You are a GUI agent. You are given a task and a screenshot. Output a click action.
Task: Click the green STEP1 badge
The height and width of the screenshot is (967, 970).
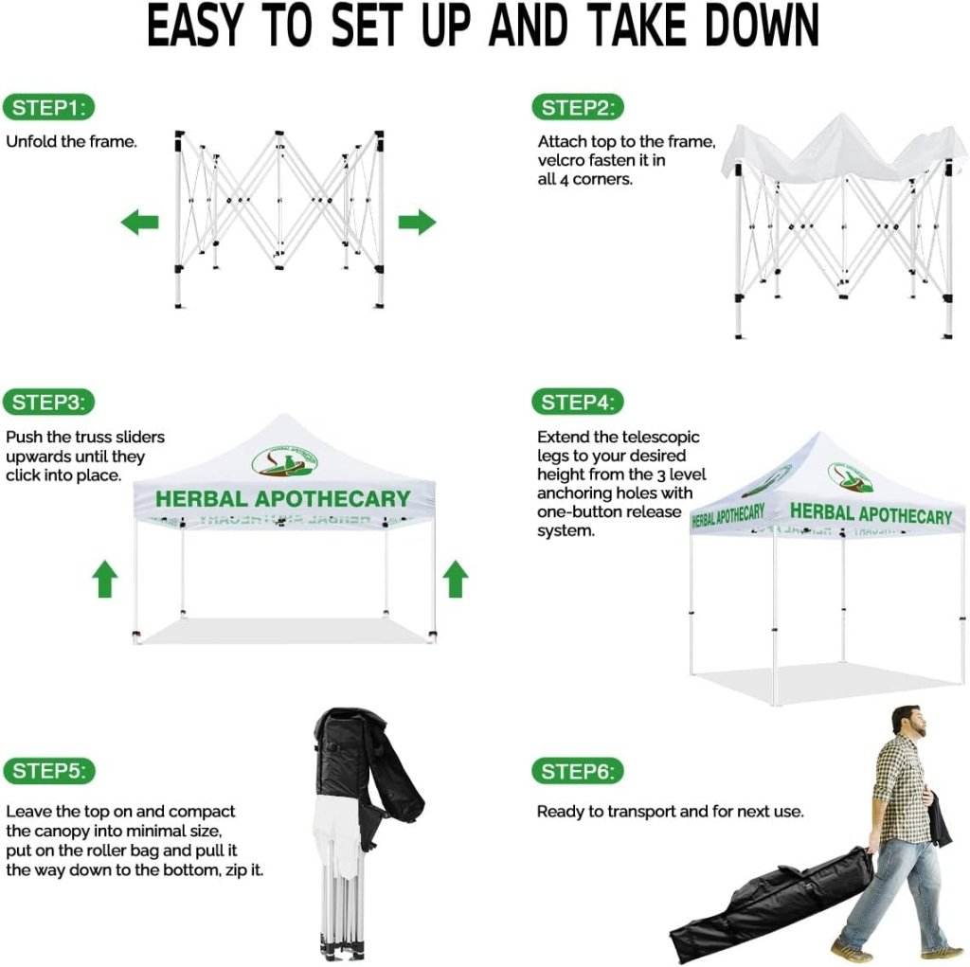(49, 108)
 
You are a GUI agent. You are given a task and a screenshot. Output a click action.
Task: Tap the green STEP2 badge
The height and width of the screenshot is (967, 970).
(578, 108)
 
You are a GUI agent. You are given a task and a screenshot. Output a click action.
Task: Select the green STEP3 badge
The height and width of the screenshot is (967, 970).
(49, 403)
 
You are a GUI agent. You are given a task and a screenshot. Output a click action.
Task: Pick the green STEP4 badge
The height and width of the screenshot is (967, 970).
(578, 403)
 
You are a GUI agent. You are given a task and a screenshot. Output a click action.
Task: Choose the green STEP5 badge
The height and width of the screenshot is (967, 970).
(49, 771)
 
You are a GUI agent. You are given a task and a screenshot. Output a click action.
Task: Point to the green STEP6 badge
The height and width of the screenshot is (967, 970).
(578, 771)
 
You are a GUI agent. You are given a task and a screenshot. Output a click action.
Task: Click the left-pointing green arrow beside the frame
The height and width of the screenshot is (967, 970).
(139, 223)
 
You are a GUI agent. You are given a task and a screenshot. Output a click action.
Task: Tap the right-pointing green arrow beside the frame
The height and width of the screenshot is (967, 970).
(417, 223)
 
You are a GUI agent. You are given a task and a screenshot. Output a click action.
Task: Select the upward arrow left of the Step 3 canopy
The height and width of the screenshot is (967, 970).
(104, 579)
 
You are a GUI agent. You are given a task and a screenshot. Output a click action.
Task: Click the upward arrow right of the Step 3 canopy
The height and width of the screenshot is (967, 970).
(456, 579)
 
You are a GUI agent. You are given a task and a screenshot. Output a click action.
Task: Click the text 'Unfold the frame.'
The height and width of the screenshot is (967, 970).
(72, 142)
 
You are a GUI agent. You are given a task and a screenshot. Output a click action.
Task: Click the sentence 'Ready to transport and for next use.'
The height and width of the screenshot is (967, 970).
(671, 811)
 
